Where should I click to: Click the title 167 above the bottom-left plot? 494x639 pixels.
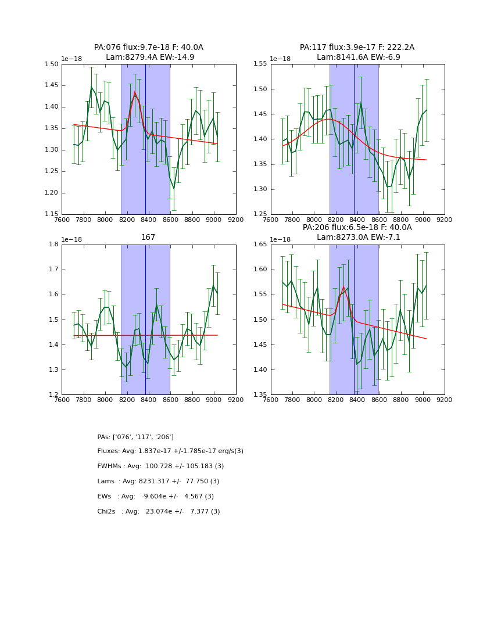(x=148, y=238)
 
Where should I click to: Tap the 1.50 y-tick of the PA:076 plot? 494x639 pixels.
(x=52, y=64)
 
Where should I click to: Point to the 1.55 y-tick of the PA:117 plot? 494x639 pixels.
(x=261, y=64)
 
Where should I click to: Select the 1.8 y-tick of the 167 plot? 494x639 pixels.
(x=54, y=245)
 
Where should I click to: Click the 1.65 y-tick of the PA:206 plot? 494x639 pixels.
(x=261, y=245)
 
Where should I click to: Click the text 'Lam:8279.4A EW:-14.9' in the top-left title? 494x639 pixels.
(x=150, y=58)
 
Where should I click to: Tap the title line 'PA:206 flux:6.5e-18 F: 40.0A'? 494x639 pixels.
(x=357, y=228)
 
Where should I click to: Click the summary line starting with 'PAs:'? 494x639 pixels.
(x=135, y=437)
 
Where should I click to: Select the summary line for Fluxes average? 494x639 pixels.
(x=170, y=451)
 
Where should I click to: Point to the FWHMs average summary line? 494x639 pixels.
(x=160, y=466)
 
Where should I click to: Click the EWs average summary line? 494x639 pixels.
(x=155, y=497)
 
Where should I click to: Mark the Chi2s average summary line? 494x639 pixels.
(x=159, y=512)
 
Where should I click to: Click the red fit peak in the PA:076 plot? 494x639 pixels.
(x=135, y=93)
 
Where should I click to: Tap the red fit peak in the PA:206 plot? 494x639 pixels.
(x=343, y=288)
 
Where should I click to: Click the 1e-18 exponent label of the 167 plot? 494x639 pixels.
(x=71, y=239)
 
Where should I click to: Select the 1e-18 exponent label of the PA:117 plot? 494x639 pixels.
(x=281, y=59)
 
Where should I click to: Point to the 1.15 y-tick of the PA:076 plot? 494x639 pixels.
(x=52, y=214)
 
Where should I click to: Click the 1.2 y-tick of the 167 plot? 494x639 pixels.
(x=54, y=395)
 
